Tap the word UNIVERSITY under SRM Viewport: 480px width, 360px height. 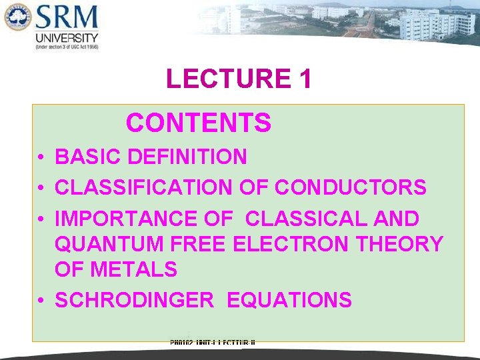[x=67, y=39]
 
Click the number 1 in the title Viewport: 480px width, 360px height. [x=305, y=79]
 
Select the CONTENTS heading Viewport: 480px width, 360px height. [x=199, y=123]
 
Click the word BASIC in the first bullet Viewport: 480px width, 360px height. [x=88, y=157]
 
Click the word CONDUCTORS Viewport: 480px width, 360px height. [x=351, y=187]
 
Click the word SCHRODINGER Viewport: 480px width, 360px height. [x=134, y=301]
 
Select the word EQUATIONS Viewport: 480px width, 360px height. [x=289, y=301]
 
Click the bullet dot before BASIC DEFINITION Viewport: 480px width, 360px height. [x=41, y=158]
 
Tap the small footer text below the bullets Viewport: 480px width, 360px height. [x=213, y=343]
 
